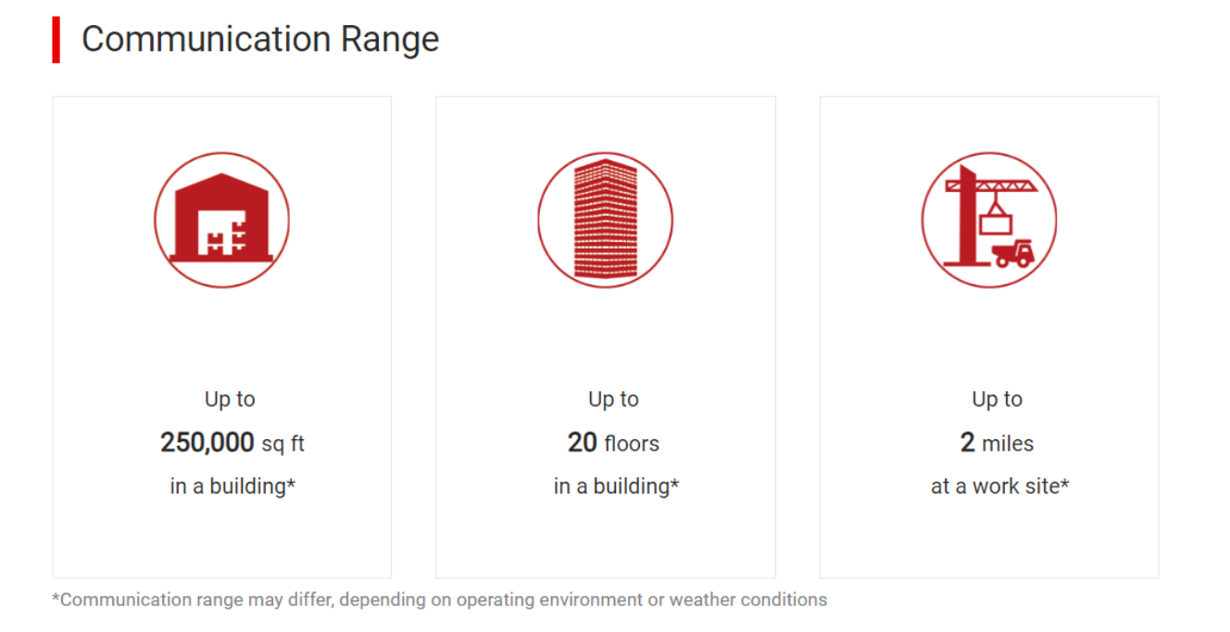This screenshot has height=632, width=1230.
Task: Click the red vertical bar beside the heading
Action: (x=56, y=40)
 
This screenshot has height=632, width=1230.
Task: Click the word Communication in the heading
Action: (x=207, y=39)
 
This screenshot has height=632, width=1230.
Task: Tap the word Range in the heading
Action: (x=390, y=41)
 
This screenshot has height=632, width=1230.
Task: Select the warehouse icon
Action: (x=222, y=220)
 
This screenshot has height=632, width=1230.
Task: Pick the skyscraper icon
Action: (x=605, y=220)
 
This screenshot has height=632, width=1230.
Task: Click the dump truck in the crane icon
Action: (x=1013, y=253)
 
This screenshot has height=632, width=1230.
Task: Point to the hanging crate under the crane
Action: (x=996, y=224)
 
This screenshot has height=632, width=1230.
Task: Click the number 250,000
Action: (x=207, y=442)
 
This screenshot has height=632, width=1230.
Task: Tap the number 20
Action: (x=582, y=442)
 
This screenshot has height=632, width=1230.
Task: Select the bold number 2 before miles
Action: (x=968, y=442)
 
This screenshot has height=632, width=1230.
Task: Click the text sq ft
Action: (x=282, y=444)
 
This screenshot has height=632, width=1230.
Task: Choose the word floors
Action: (x=632, y=443)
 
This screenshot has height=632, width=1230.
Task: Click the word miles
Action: (x=1008, y=443)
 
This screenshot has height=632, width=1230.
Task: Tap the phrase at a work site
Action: (x=996, y=486)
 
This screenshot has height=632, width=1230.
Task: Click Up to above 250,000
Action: (x=230, y=399)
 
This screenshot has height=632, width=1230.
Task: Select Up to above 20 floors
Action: (x=613, y=399)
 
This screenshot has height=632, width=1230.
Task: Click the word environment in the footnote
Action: (x=591, y=600)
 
